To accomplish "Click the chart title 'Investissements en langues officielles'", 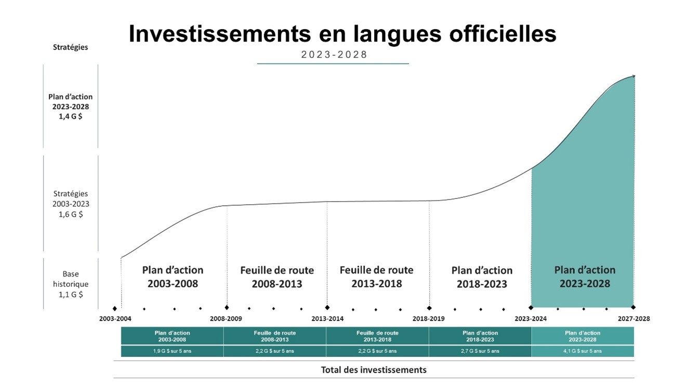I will [342, 34].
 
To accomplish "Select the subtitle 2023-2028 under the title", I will [334, 55].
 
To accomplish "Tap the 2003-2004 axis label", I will [115, 318].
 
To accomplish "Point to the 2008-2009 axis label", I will [226, 318].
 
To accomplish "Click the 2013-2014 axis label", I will [327, 318].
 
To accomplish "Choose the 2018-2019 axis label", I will [429, 318].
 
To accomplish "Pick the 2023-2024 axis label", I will [531, 318].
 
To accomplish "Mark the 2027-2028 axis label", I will [634, 318].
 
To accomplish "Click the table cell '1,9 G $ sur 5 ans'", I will [172, 351].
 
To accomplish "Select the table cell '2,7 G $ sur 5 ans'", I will [480, 351].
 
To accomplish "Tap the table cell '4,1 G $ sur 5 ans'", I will [583, 351].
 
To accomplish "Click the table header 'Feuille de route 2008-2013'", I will [275, 336].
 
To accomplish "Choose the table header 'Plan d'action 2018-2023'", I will [480, 336].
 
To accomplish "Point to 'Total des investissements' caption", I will [374, 370].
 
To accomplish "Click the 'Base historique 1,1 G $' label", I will [71, 284].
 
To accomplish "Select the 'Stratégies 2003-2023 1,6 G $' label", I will [71, 204].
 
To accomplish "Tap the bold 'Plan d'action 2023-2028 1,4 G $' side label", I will [71, 107].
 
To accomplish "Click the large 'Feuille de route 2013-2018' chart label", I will [377, 277].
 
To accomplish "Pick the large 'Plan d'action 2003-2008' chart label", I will [173, 277].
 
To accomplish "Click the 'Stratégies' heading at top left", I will [71, 47].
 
